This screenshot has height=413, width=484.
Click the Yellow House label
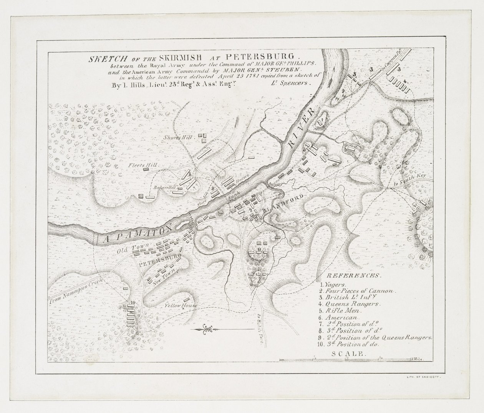point(181,306)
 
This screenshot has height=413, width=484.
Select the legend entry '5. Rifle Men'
point(340,311)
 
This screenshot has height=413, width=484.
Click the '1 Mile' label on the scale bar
point(417,359)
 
